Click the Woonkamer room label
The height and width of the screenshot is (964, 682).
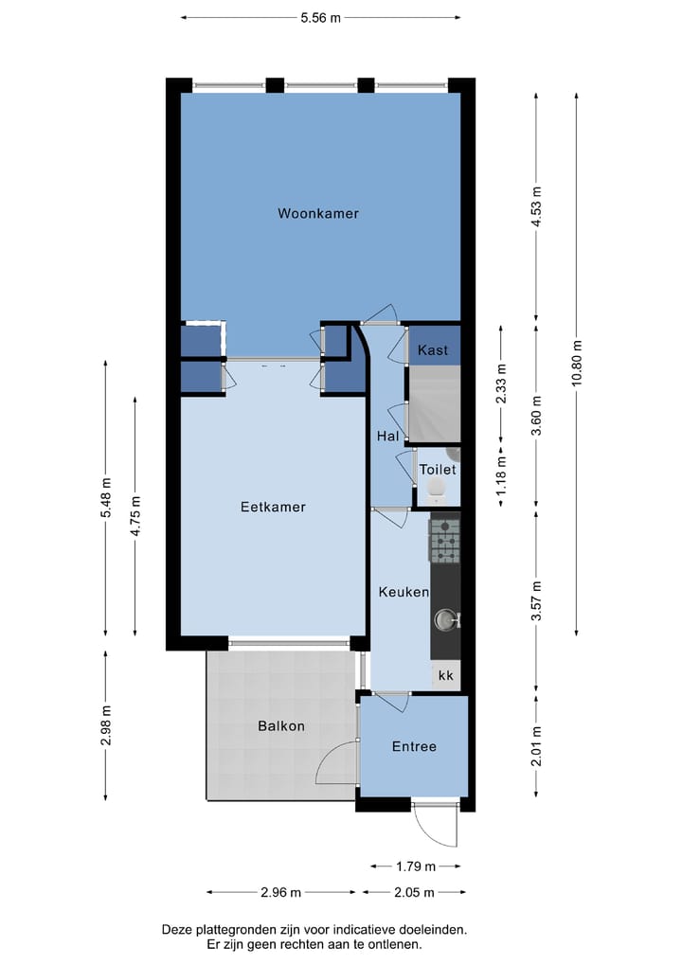click(x=318, y=214)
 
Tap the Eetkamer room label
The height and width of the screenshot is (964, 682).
click(x=273, y=508)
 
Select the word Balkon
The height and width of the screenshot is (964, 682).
click(x=281, y=726)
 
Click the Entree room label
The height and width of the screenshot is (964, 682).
click(x=414, y=747)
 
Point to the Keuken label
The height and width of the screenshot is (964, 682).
click(x=404, y=592)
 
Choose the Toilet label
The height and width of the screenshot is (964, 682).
click(x=438, y=470)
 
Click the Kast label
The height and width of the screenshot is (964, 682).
click(x=433, y=350)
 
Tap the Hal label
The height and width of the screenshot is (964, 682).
click(x=387, y=437)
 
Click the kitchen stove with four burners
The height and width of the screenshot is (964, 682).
click(x=444, y=542)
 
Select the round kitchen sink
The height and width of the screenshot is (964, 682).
click(x=444, y=620)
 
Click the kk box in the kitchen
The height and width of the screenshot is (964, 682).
click(x=445, y=676)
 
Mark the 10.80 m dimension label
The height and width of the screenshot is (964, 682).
click(x=576, y=363)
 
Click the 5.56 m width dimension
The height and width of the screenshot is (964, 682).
click(x=320, y=17)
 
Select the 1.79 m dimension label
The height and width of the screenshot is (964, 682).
click(x=417, y=866)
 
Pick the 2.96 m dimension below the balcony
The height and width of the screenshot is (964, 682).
click(x=281, y=892)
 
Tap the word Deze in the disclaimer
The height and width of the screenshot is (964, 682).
click(x=179, y=930)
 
